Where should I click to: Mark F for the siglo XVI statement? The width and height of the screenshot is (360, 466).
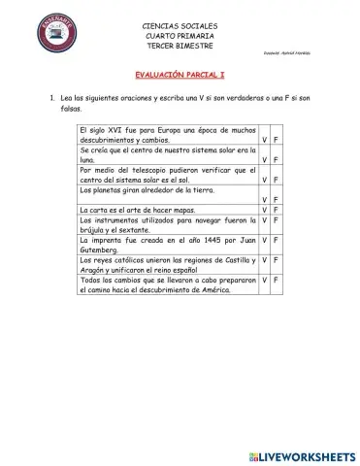click(278, 140)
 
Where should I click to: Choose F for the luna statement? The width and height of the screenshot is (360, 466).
click(278, 160)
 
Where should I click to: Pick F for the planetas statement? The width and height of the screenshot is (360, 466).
click(278, 201)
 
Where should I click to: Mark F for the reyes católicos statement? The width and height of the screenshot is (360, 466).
click(278, 261)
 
